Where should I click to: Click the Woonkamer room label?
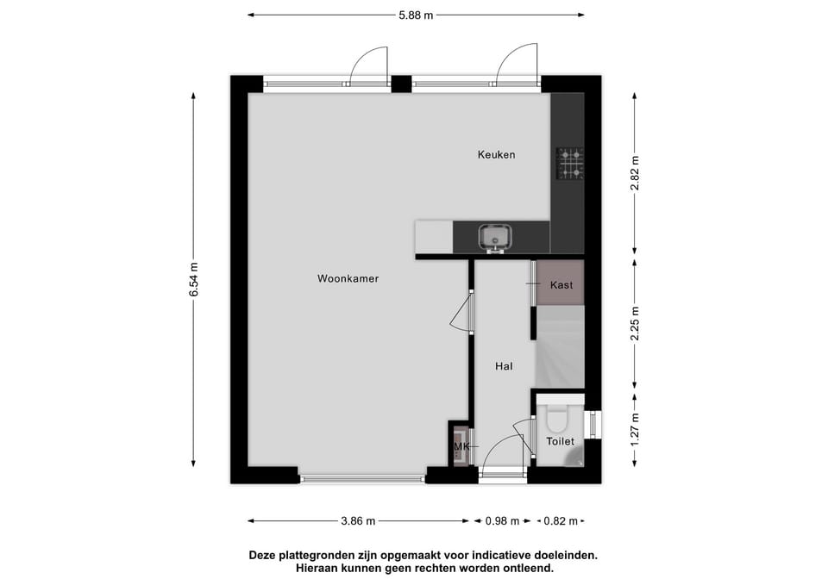tap(348, 278)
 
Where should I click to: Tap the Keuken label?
tap(497, 154)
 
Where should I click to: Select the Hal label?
tap(504, 366)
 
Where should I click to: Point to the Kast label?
tap(561, 285)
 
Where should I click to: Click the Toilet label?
tap(561, 441)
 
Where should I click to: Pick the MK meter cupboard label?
tap(461, 447)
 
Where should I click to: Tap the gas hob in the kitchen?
tap(570, 163)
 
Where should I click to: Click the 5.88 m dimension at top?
tap(416, 16)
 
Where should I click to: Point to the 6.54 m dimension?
tap(194, 279)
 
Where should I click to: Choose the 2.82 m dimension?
tap(635, 173)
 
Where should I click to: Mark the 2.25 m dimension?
tap(635, 323)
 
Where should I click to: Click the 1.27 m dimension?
tap(635, 429)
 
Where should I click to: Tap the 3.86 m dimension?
tap(358, 521)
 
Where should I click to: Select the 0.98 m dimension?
tap(502, 521)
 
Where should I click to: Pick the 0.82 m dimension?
tap(561, 521)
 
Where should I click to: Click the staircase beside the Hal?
tap(560, 347)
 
